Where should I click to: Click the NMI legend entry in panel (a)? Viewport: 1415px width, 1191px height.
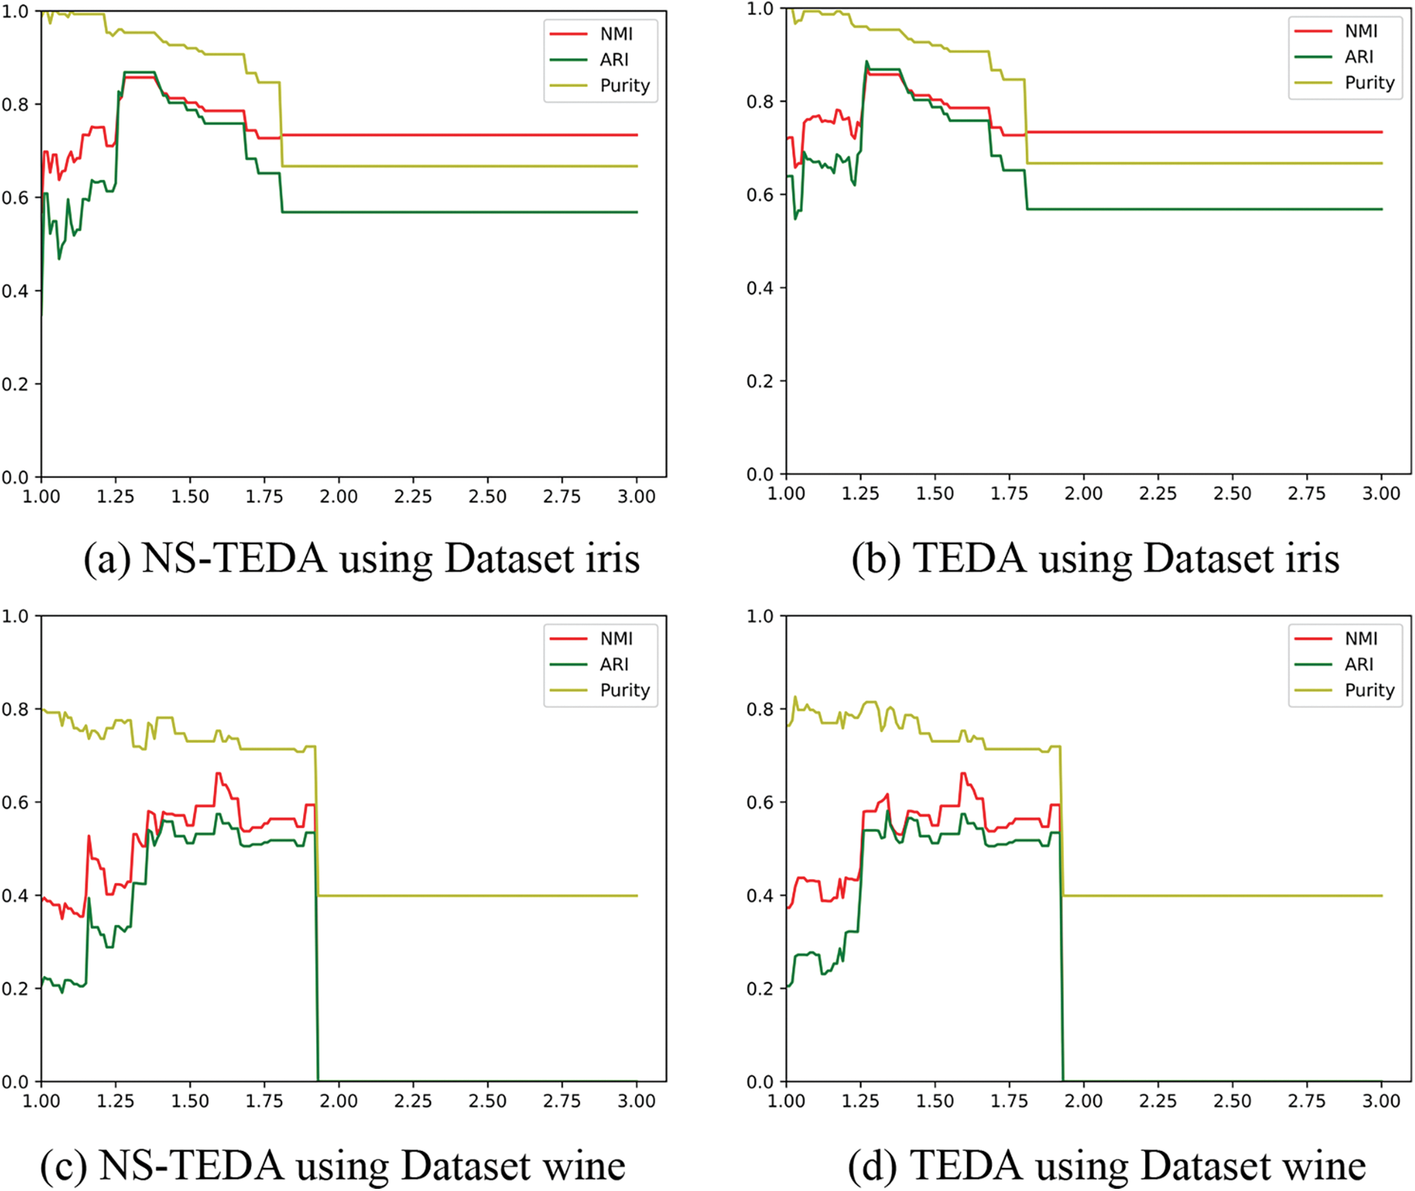coord(616,34)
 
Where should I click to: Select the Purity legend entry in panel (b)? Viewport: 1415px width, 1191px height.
coord(1369,82)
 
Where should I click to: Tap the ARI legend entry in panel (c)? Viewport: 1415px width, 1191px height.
coord(614,664)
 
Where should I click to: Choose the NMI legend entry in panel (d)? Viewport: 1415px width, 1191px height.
coord(1361,638)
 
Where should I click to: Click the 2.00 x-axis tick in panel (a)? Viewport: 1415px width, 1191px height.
coord(339,496)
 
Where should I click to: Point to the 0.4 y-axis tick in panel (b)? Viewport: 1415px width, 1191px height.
coord(760,288)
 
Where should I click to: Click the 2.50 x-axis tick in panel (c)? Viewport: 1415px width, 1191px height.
coord(487,1101)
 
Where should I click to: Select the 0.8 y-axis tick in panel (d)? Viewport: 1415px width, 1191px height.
coord(760,709)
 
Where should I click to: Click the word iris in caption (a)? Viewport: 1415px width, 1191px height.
coord(612,559)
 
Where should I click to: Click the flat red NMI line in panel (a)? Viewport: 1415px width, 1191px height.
coord(461,135)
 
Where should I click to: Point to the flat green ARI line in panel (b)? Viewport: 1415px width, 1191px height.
coord(1203,210)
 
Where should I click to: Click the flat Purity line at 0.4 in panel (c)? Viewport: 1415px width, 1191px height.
coord(475,895)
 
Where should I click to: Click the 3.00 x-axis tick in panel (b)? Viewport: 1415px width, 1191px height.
coord(1381,493)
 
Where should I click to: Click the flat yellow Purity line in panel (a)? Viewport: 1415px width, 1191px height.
coord(461,166)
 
